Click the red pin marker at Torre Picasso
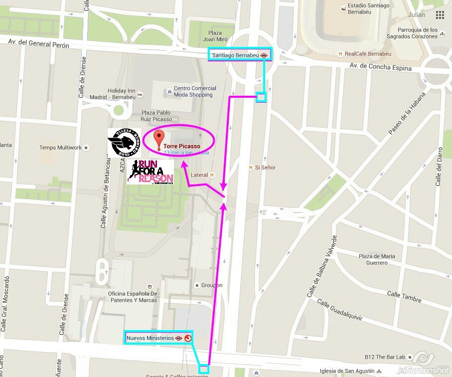click(158, 139)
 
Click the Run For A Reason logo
click(151, 172)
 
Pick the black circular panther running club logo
click(124, 143)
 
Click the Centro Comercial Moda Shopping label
click(193, 92)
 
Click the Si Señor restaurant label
click(265, 168)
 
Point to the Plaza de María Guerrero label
click(377, 259)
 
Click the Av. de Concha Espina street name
click(380, 67)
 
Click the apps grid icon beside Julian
click(440, 14)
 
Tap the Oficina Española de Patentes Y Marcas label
click(132, 297)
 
